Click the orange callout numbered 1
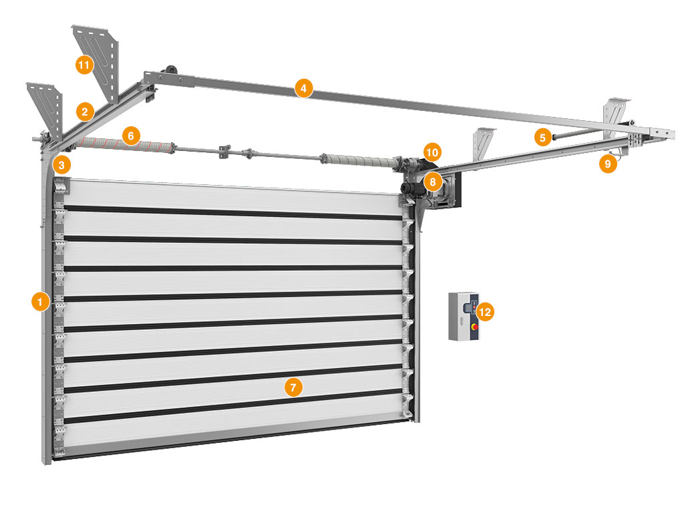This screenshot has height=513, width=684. click(x=41, y=302)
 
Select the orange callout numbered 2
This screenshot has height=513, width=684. click(x=85, y=112)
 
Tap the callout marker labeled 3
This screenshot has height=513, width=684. click(x=61, y=166)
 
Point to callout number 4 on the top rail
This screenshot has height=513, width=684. click(x=304, y=89)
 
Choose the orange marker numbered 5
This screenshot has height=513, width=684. click(x=542, y=138)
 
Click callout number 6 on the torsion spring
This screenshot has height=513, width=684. click(x=131, y=136)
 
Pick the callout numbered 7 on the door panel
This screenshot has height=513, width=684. click(x=293, y=387)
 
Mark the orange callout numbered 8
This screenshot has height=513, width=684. click(x=433, y=181)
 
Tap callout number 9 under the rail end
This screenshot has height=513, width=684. click(x=608, y=164)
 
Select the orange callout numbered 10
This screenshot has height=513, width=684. click(x=432, y=152)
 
